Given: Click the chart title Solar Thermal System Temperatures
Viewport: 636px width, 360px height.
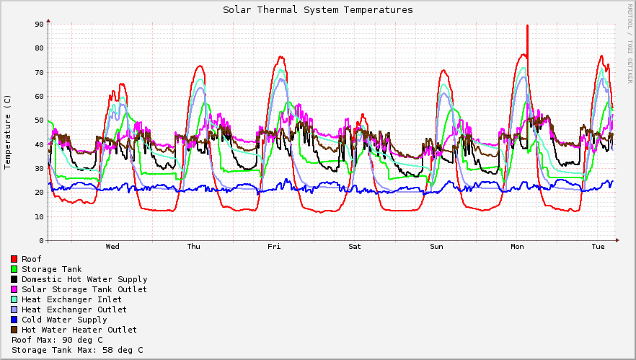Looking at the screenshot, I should click(317, 10).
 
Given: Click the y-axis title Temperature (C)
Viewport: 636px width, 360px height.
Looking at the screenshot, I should click(8, 132).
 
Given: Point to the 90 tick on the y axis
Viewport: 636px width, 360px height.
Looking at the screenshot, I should click(39, 24).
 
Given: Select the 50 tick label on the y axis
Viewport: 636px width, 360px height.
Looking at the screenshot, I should click(39, 120).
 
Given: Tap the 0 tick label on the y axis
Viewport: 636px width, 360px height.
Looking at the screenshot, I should click(41, 241).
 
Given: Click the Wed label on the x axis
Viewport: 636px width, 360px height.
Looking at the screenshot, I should click(112, 247).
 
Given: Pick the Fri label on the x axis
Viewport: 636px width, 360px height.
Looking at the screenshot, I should click(274, 247).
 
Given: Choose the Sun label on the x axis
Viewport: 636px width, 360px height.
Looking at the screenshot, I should click(436, 247).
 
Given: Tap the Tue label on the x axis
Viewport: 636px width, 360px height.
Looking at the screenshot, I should click(598, 247).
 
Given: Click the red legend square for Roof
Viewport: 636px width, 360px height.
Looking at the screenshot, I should click(14, 259).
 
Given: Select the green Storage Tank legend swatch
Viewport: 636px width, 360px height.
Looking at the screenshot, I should click(14, 269).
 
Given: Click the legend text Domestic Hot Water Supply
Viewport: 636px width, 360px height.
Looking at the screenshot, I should click(84, 279).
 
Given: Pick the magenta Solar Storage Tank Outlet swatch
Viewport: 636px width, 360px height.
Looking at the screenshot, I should click(14, 289).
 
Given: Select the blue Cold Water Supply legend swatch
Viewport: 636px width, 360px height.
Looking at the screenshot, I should click(14, 320).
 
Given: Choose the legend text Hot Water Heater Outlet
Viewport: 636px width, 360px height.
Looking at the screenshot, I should click(79, 330).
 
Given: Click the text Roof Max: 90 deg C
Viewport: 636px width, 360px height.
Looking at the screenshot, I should click(57, 340).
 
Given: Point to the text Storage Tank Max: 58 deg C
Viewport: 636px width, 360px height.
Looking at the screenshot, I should click(77, 350).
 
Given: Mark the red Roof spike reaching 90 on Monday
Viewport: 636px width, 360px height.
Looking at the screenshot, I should click(527, 27).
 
